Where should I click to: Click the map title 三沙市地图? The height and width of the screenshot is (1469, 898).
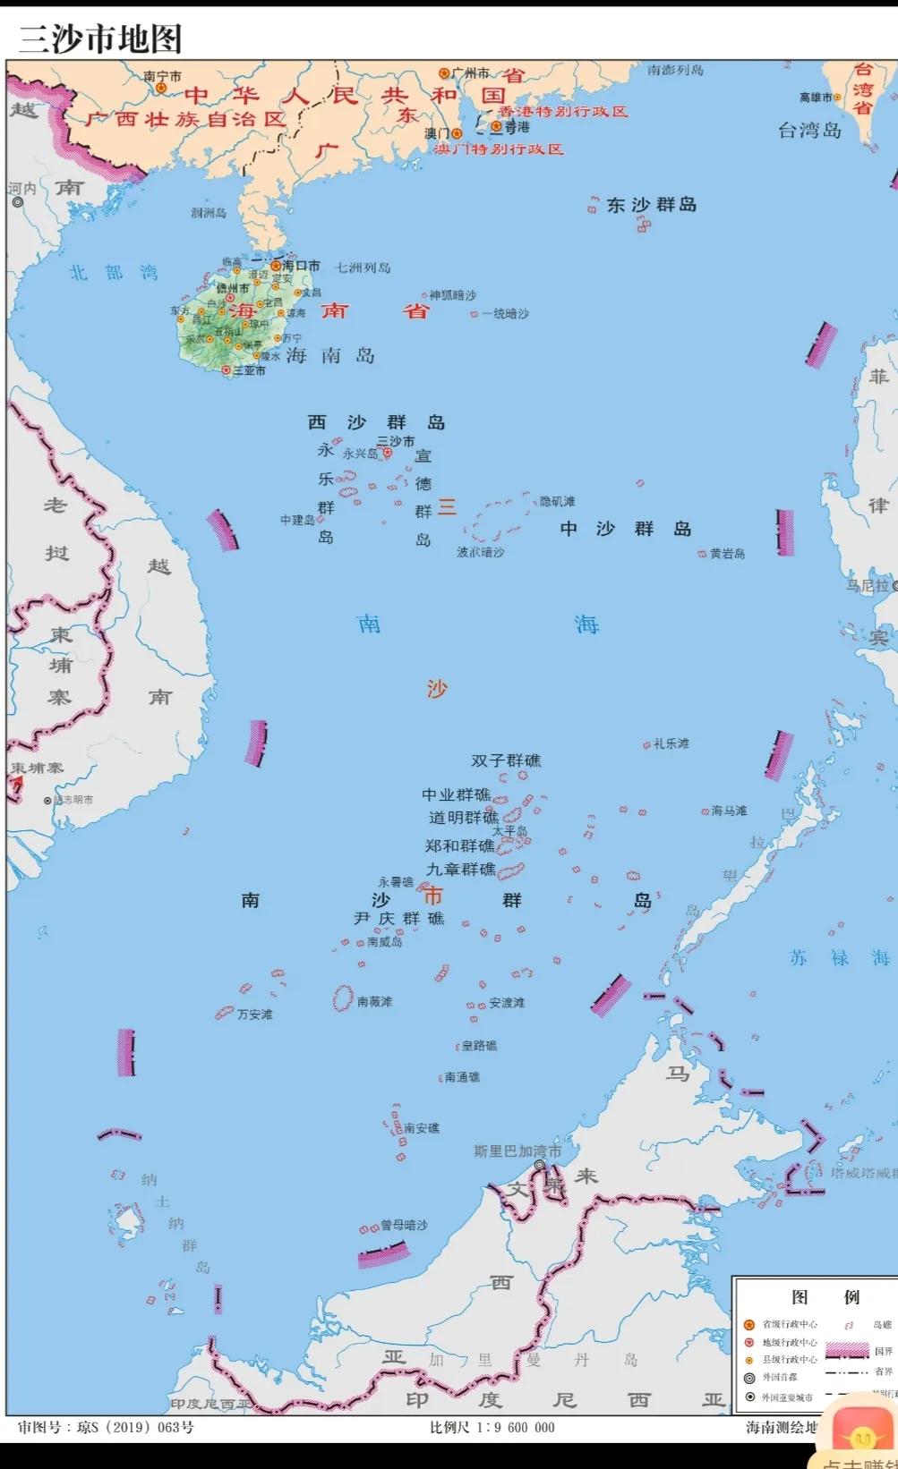(101, 39)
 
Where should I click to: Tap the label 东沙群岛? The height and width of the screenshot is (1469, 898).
(651, 205)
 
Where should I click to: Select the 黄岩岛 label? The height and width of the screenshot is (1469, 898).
(727, 554)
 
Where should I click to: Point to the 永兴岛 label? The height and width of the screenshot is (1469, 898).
(360, 454)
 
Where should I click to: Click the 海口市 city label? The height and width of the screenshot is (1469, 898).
(301, 266)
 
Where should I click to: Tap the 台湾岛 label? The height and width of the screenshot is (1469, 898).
(809, 131)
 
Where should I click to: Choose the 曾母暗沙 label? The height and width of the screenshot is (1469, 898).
(404, 1225)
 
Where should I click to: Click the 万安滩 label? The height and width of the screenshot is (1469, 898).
(255, 1015)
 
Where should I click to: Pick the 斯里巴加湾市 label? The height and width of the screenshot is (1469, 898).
(517, 1151)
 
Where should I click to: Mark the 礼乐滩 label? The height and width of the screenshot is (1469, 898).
(671, 743)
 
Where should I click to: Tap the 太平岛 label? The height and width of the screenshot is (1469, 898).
(509, 830)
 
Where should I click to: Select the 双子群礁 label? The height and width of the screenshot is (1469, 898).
(506, 760)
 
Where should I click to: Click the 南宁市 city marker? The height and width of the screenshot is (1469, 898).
(161, 88)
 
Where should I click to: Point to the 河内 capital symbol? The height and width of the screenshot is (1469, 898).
(17, 203)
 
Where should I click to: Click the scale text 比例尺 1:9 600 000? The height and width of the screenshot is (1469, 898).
(492, 1427)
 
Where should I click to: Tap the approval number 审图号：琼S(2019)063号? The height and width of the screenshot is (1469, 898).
(106, 1427)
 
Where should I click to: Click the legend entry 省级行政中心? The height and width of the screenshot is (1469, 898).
(789, 1324)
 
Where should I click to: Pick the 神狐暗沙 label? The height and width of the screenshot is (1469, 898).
(452, 295)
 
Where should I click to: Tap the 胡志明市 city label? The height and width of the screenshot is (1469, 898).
(73, 800)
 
